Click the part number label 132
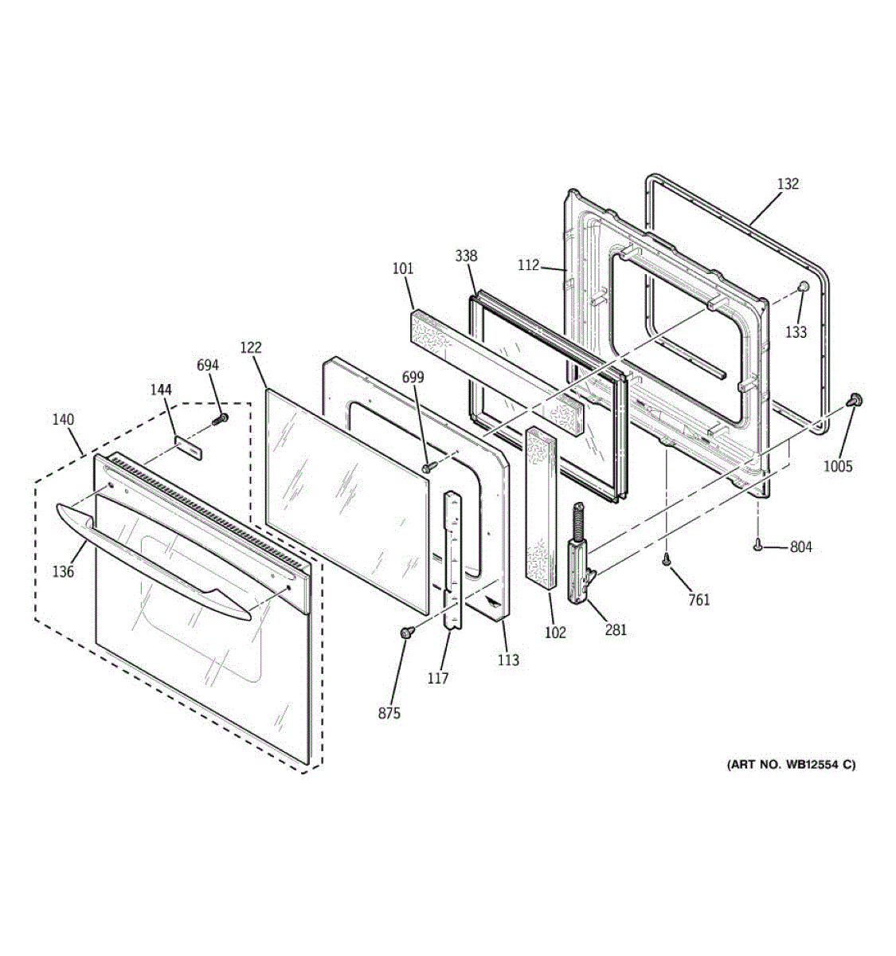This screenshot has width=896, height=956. pyautogui.click(x=787, y=184)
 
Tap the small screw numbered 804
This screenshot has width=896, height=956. pyautogui.click(x=757, y=546)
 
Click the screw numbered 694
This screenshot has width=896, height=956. pyautogui.click(x=221, y=418)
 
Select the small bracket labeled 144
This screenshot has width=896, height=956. pyautogui.click(x=188, y=446)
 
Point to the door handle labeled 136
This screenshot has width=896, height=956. pyautogui.click(x=151, y=558)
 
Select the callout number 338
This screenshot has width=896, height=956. pyautogui.click(x=466, y=256)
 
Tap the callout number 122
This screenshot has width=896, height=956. pyautogui.click(x=250, y=347)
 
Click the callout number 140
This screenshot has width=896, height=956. pyautogui.click(x=63, y=420)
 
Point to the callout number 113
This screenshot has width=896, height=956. pyautogui.click(x=508, y=659)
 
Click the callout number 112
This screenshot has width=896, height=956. pyautogui.click(x=528, y=265)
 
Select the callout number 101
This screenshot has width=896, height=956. pyautogui.click(x=403, y=268)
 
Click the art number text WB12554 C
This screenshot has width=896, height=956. pyautogui.click(x=791, y=765)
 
